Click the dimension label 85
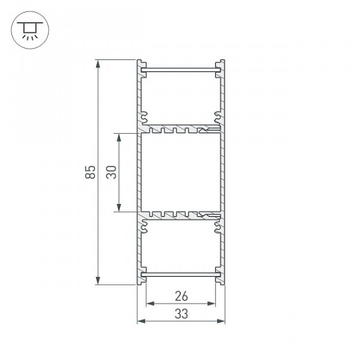90,172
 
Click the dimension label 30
112,172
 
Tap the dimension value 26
181,296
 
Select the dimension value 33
181,314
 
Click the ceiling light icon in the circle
30,30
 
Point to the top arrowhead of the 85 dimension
98,64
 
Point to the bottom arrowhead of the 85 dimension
98,281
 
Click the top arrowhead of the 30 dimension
119,137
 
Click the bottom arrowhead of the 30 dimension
119,208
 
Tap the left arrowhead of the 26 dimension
150,304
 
